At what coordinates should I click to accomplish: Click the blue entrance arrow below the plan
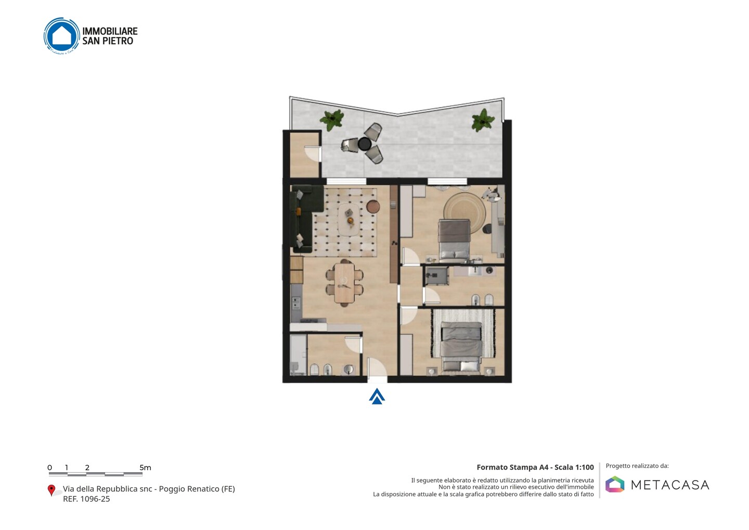coord(377,397)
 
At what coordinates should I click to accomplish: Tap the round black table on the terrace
coord(365,144)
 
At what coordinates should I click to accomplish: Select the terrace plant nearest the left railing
coord(331,119)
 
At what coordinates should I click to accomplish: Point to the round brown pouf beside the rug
coord(373,207)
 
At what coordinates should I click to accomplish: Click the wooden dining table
coord(344,283)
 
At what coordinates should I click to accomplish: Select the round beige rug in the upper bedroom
coord(464,213)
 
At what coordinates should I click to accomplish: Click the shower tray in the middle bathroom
coord(437,276)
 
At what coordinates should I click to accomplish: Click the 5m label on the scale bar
coord(146,468)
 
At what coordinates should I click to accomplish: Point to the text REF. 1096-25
coord(86,499)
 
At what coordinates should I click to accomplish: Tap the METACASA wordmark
coord(670,485)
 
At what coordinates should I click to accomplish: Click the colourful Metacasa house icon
coord(615,484)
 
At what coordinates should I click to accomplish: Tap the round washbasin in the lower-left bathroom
coord(348,369)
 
